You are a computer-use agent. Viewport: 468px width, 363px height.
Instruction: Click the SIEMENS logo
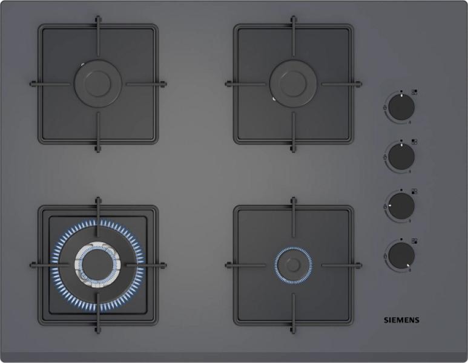click(401, 320)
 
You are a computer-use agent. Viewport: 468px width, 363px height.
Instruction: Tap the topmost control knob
click(401, 107)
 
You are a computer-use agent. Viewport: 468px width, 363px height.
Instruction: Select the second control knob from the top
click(401, 157)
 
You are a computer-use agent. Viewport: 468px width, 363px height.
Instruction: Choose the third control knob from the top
click(401, 206)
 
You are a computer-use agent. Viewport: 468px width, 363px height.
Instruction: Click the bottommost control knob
click(401, 256)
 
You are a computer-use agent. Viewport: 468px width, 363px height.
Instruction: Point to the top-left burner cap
click(98, 84)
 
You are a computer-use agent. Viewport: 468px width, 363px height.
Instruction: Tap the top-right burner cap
click(293, 84)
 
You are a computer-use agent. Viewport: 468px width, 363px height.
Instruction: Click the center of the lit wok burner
click(98, 265)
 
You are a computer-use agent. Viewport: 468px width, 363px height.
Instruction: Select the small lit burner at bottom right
click(293, 265)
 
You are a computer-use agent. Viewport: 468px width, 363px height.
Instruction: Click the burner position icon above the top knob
click(414, 92)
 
